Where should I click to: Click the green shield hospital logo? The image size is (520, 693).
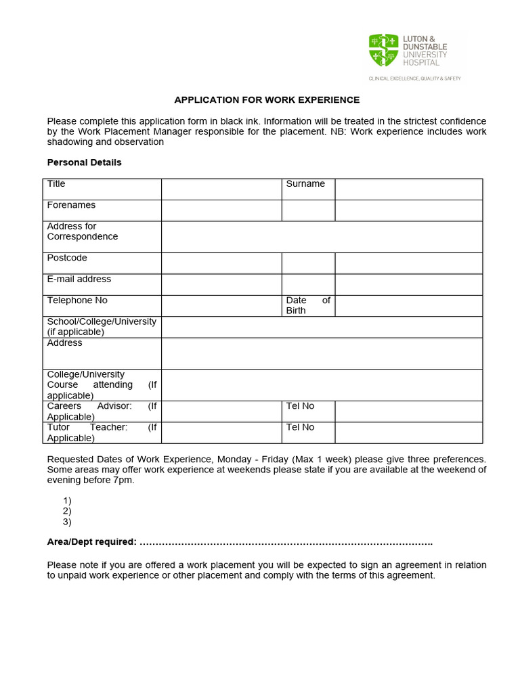point(383,51)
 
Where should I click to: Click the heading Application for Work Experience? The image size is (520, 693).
point(267,100)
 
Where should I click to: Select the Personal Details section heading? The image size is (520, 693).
point(84,162)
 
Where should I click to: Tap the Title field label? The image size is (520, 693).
point(56,184)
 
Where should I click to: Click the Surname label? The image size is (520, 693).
point(305,184)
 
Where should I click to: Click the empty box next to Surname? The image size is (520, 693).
point(408,189)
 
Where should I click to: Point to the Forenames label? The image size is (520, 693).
point(71,205)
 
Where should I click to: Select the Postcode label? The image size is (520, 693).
point(67,258)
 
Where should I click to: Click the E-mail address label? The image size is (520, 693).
point(79,279)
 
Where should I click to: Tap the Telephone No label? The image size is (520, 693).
point(77,300)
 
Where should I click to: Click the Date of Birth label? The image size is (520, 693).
point(308,305)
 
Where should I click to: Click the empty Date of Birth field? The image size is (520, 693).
point(408,306)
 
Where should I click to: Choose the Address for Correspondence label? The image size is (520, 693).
point(82,231)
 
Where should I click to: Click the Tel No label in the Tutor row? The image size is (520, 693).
point(300,427)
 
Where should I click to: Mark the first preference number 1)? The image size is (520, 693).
point(66,501)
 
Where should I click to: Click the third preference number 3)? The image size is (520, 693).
point(66,522)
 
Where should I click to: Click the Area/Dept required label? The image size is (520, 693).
point(91,542)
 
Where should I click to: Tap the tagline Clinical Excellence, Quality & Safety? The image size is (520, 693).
point(414,79)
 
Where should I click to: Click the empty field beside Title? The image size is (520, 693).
point(221,189)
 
